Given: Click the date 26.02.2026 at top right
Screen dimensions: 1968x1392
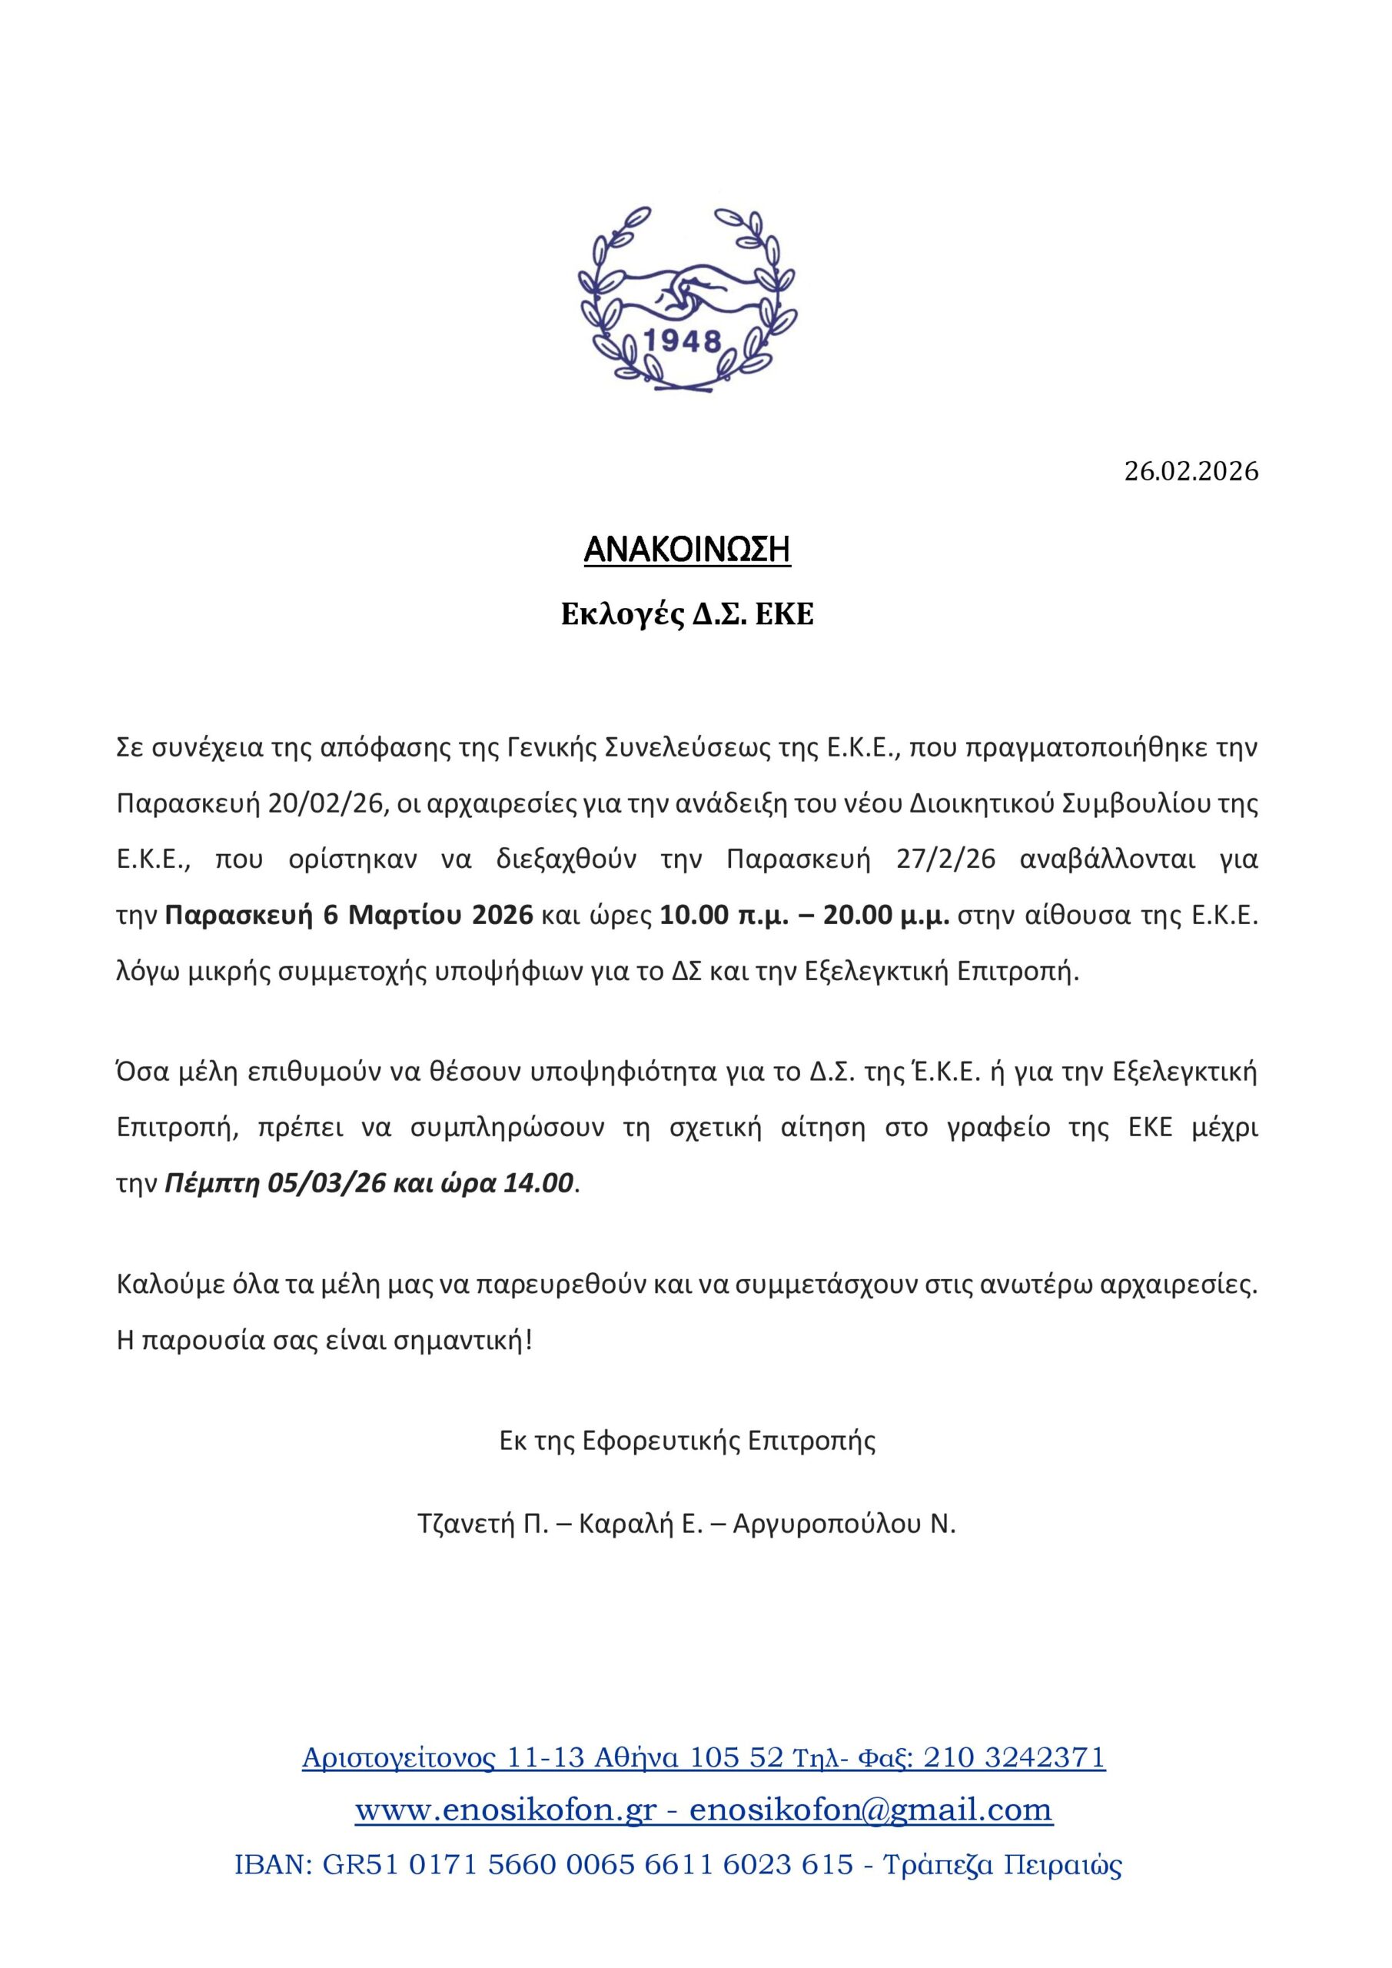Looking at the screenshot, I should [x=1191, y=471].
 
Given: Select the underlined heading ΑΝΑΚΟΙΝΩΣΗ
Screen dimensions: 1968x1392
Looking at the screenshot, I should [x=686, y=551].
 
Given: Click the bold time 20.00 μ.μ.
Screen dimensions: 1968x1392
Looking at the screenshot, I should [x=886, y=916].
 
